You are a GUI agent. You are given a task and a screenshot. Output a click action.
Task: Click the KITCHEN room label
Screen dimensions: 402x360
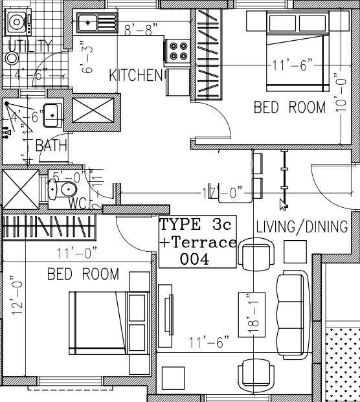pyautogui.click(x=137, y=76)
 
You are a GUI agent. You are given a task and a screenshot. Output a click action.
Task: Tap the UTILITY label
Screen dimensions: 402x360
pyautogui.click(x=30, y=45)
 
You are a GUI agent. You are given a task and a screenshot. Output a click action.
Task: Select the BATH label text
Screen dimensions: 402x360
pyautogui.click(x=51, y=146)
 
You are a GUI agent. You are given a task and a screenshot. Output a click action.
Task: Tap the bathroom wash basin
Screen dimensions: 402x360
pyautogui.click(x=52, y=115)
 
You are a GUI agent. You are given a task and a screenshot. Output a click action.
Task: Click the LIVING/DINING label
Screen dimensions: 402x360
pyautogui.click(x=302, y=227)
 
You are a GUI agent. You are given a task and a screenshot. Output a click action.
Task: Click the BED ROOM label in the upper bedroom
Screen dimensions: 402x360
pyautogui.click(x=289, y=107)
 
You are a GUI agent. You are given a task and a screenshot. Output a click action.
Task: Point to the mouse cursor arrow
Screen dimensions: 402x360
pyautogui.click(x=283, y=205)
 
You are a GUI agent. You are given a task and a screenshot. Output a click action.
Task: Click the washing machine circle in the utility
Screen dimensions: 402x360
pyautogui.click(x=12, y=58)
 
